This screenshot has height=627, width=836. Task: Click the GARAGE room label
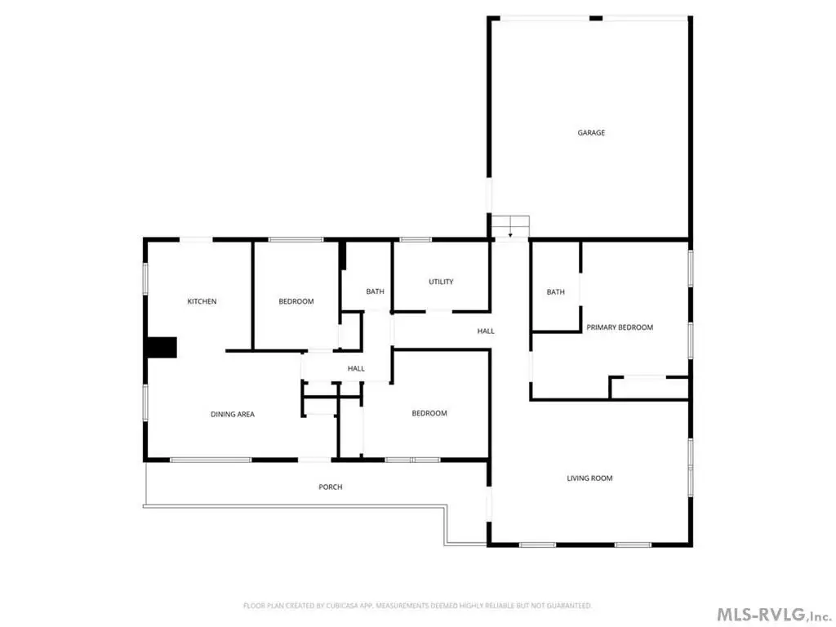[591, 133]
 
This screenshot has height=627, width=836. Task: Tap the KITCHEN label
[202, 302]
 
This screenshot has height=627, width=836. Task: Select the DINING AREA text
[233, 414]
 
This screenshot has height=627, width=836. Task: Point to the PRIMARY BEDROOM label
[620, 327]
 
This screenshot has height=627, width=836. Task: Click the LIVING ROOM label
[589, 478]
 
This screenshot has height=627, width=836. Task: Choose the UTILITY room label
[441, 282]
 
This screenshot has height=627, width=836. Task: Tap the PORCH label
[331, 487]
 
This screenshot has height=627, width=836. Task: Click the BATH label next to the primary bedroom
[555, 292]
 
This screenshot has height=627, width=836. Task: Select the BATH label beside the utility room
[375, 291]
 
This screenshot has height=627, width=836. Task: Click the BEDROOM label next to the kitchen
[296, 302]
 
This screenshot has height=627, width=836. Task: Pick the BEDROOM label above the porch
[429, 413]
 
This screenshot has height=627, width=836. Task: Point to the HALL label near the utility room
[486, 331]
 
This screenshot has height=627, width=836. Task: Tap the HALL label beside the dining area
[356, 368]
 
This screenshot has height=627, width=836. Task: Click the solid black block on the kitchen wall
[162, 348]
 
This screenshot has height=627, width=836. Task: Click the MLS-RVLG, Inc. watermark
[773, 614]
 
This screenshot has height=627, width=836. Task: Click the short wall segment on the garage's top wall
[595, 18]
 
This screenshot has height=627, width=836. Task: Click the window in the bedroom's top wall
[296, 240]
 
